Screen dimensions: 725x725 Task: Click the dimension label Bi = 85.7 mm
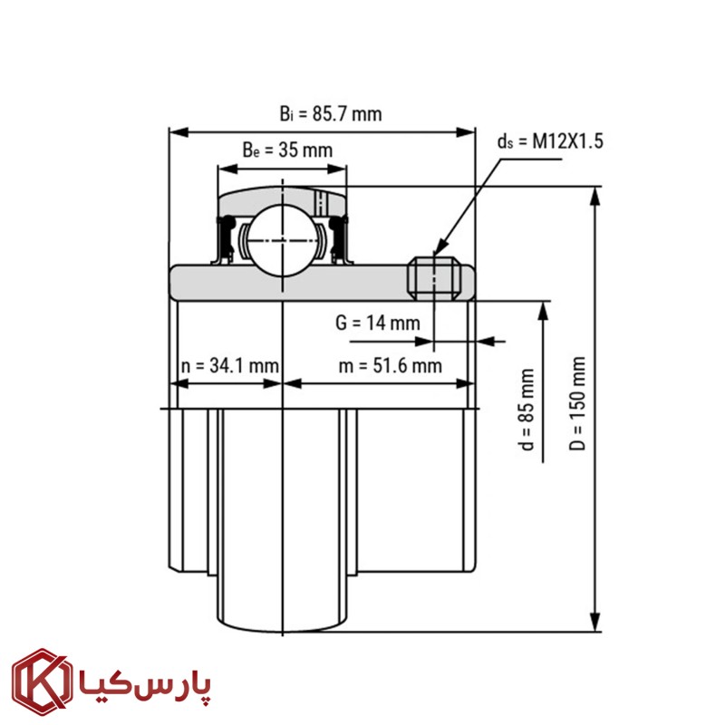[331, 114]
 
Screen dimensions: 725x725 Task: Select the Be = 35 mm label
[287, 150]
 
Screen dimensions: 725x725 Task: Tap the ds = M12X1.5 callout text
[550, 141]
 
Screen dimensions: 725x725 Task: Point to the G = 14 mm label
[377, 323]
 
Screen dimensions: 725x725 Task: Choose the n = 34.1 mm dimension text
[230, 366]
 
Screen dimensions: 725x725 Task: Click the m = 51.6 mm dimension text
[391, 366]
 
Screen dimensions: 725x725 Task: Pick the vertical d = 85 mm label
[527, 410]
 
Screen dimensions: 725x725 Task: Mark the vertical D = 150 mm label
[577, 403]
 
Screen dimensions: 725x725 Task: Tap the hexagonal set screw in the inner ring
[434, 278]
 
